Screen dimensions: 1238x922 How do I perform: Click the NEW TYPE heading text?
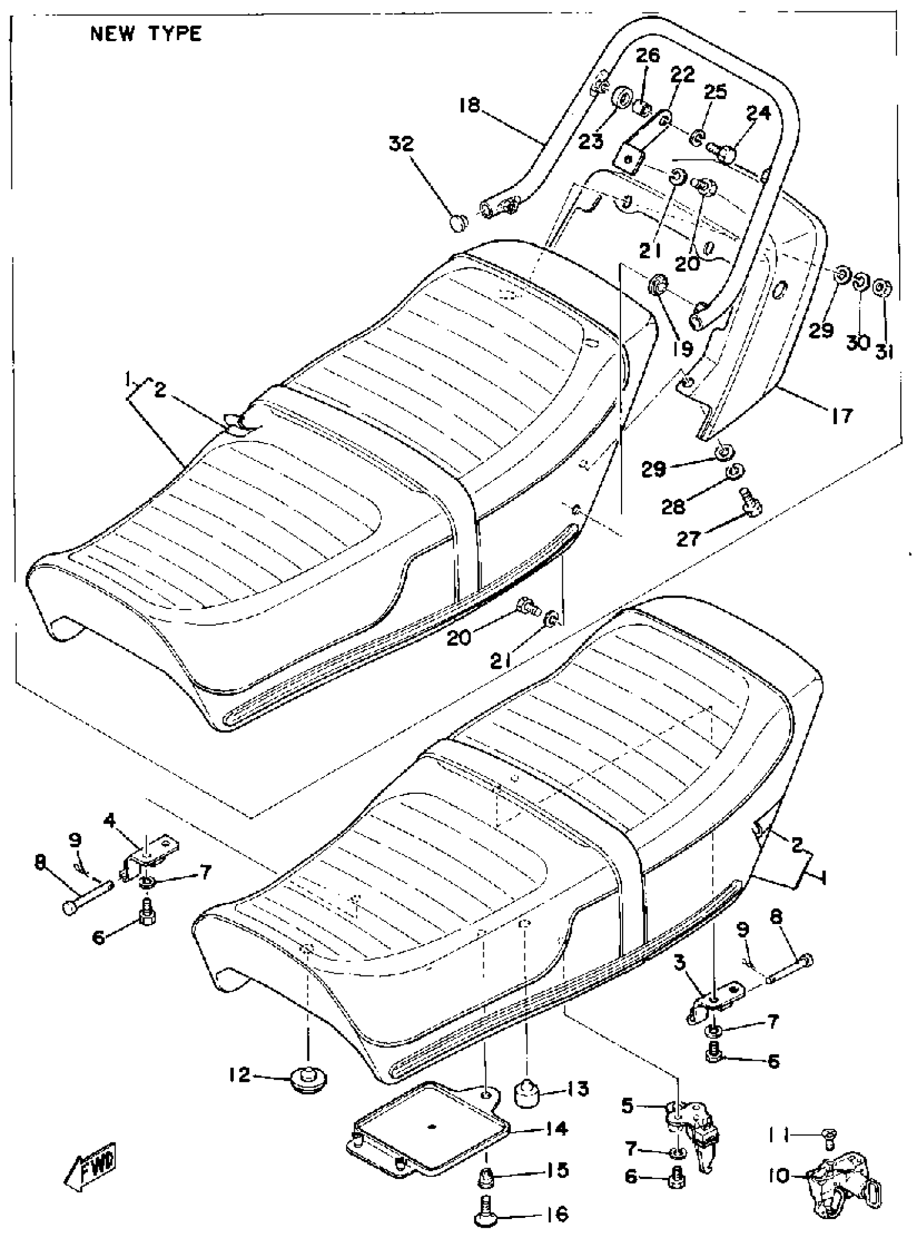tap(146, 35)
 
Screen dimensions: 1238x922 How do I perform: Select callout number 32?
tap(402, 144)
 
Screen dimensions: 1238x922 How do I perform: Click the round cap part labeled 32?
tap(458, 223)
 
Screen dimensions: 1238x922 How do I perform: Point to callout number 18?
tap(470, 105)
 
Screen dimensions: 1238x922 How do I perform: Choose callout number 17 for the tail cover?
tap(842, 414)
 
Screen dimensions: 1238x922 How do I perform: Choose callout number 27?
tap(688, 539)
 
